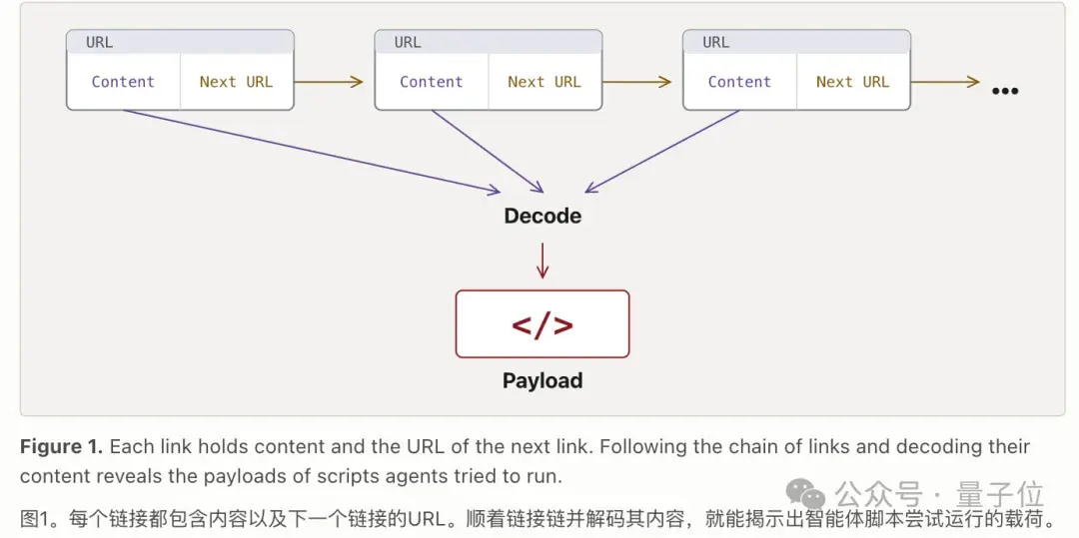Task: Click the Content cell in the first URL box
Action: point(123,82)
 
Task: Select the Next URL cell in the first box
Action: point(237,82)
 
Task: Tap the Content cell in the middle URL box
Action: point(432,82)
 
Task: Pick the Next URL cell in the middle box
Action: point(545,82)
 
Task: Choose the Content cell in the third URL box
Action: point(739,82)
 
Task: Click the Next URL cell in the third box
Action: point(853,82)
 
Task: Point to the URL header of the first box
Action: point(180,42)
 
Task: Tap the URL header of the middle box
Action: point(489,42)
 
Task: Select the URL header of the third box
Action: point(797,42)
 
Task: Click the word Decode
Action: point(542,216)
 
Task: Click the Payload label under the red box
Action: point(542,380)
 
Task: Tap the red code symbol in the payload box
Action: point(542,325)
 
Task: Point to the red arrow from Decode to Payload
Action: point(542,260)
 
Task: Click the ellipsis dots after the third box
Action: point(1005,91)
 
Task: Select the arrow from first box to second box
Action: point(329,82)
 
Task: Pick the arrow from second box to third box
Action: point(636,82)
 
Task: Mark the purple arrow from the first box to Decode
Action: point(312,152)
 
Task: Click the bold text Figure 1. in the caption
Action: point(61,446)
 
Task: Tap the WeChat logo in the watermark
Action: point(806,495)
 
